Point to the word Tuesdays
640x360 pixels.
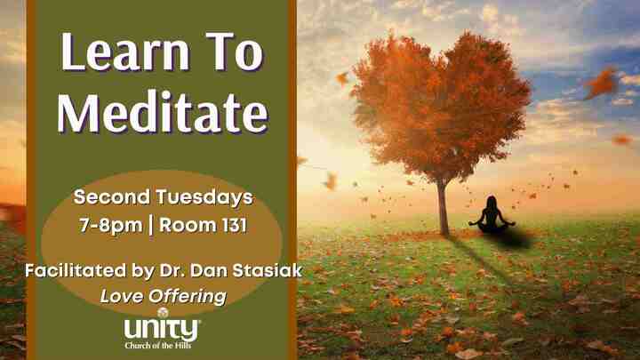coord(204,196)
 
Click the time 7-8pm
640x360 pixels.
coord(109,225)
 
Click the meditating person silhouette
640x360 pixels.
coord(491,216)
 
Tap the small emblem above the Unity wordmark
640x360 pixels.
coord(162,312)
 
